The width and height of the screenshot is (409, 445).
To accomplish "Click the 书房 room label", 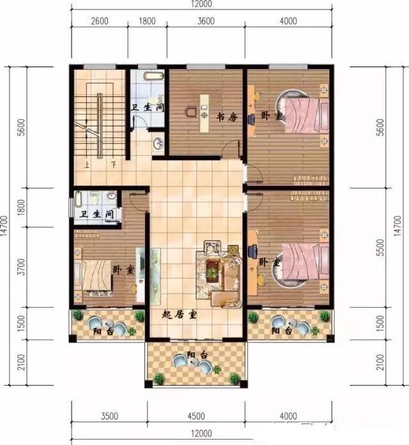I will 227,117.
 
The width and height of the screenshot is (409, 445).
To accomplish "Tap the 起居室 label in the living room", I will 178,314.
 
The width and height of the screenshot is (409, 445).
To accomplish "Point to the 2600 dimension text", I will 100,20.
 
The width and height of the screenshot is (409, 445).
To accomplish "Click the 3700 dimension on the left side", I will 22,262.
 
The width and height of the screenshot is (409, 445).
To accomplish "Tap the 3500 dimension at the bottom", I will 109,416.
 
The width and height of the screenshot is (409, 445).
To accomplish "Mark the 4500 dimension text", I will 196,416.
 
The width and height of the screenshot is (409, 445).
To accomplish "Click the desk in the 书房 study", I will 204,110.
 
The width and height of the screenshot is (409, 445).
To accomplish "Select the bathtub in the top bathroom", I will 151,75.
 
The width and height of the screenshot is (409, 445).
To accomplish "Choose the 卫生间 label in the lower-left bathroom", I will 96,215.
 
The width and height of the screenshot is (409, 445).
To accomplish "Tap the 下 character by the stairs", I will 112,165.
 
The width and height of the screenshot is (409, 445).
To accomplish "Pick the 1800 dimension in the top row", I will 147,20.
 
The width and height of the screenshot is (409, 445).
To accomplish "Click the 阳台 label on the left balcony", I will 99,332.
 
